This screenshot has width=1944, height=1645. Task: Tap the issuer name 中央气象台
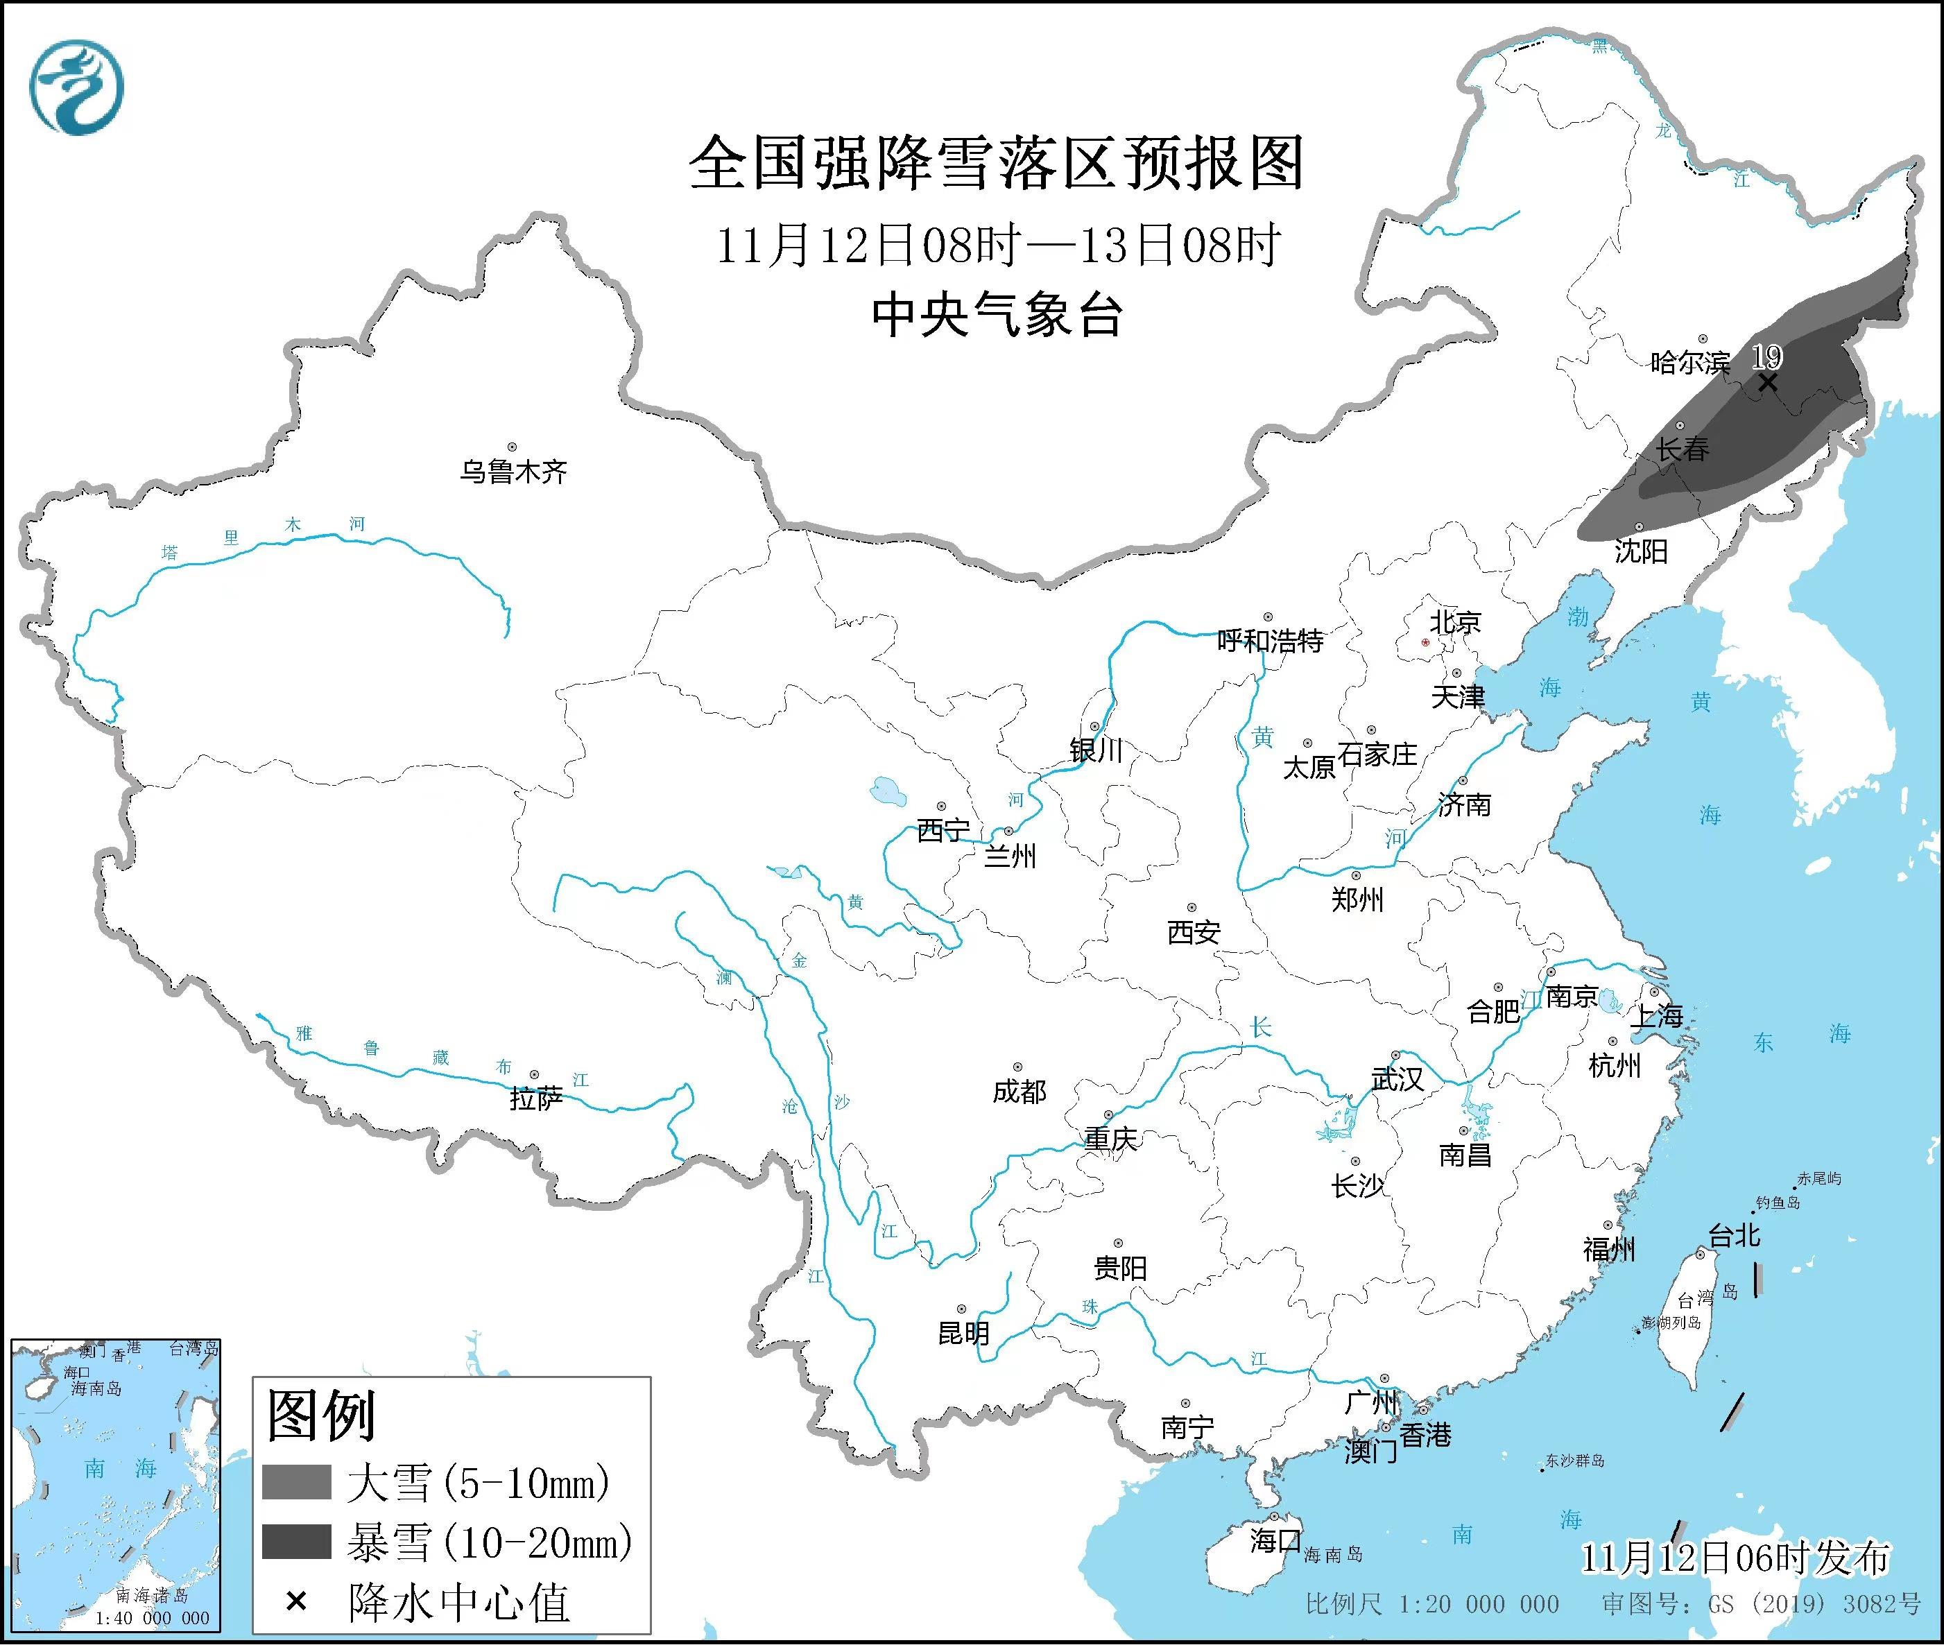click(996, 315)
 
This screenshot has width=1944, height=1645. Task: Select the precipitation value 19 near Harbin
click(1766, 356)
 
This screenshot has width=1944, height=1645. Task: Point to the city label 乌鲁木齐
click(513, 472)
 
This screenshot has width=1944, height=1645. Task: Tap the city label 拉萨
click(536, 1099)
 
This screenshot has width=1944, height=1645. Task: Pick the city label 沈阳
click(1640, 551)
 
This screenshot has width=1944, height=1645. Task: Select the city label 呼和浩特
click(1270, 641)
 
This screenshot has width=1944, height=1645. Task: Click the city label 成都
click(1019, 1091)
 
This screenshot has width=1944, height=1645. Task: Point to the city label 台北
click(1733, 1237)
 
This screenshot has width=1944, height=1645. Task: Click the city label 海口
click(1275, 1540)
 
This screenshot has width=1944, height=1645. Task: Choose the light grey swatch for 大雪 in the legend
click(297, 1482)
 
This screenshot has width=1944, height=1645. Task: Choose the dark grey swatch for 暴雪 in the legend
click(297, 1542)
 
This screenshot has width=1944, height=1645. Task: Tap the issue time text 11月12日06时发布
click(1735, 1558)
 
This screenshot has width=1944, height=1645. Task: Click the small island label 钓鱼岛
click(1777, 1204)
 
